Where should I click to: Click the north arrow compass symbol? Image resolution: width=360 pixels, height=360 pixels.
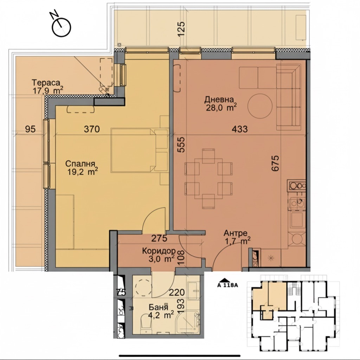click(x=61, y=25)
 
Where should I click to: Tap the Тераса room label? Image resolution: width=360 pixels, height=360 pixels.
click(x=46, y=82)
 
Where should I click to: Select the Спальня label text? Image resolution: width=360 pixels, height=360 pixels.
click(x=80, y=164)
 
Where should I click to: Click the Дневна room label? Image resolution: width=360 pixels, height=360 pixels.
click(x=219, y=99)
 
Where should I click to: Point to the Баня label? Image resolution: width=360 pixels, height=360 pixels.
click(x=158, y=307)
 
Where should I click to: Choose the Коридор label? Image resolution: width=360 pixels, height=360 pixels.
click(x=159, y=250)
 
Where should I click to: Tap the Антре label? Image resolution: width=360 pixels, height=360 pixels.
click(x=235, y=233)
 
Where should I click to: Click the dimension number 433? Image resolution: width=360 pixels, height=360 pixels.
click(x=240, y=129)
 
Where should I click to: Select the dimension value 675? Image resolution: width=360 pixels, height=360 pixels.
click(x=275, y=163)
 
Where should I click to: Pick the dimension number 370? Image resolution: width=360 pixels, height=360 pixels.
click(x=92, y=129)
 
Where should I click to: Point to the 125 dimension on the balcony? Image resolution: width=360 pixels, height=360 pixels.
click(x=181, y=29)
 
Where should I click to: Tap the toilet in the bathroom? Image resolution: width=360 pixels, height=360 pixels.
click(x=146, y=322)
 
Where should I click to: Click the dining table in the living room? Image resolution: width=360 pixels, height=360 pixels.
click(x=208, y=179)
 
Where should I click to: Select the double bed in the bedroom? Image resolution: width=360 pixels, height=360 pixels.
click(x=133, y=150)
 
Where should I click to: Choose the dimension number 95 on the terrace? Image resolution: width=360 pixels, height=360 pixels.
click(x=30, y=129)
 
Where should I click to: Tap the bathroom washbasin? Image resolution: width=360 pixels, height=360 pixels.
click(x=194, y=291)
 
